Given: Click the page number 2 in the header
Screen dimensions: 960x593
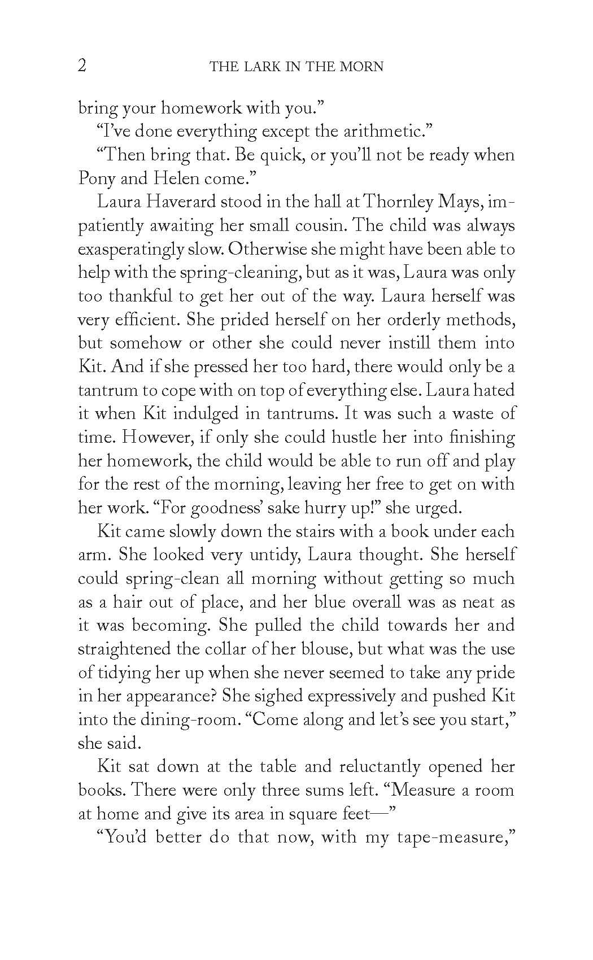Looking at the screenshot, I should pos(82,66).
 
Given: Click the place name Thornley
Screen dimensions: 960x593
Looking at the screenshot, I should pos(404,202).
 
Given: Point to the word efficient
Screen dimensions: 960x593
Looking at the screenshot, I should pos(138,320).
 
